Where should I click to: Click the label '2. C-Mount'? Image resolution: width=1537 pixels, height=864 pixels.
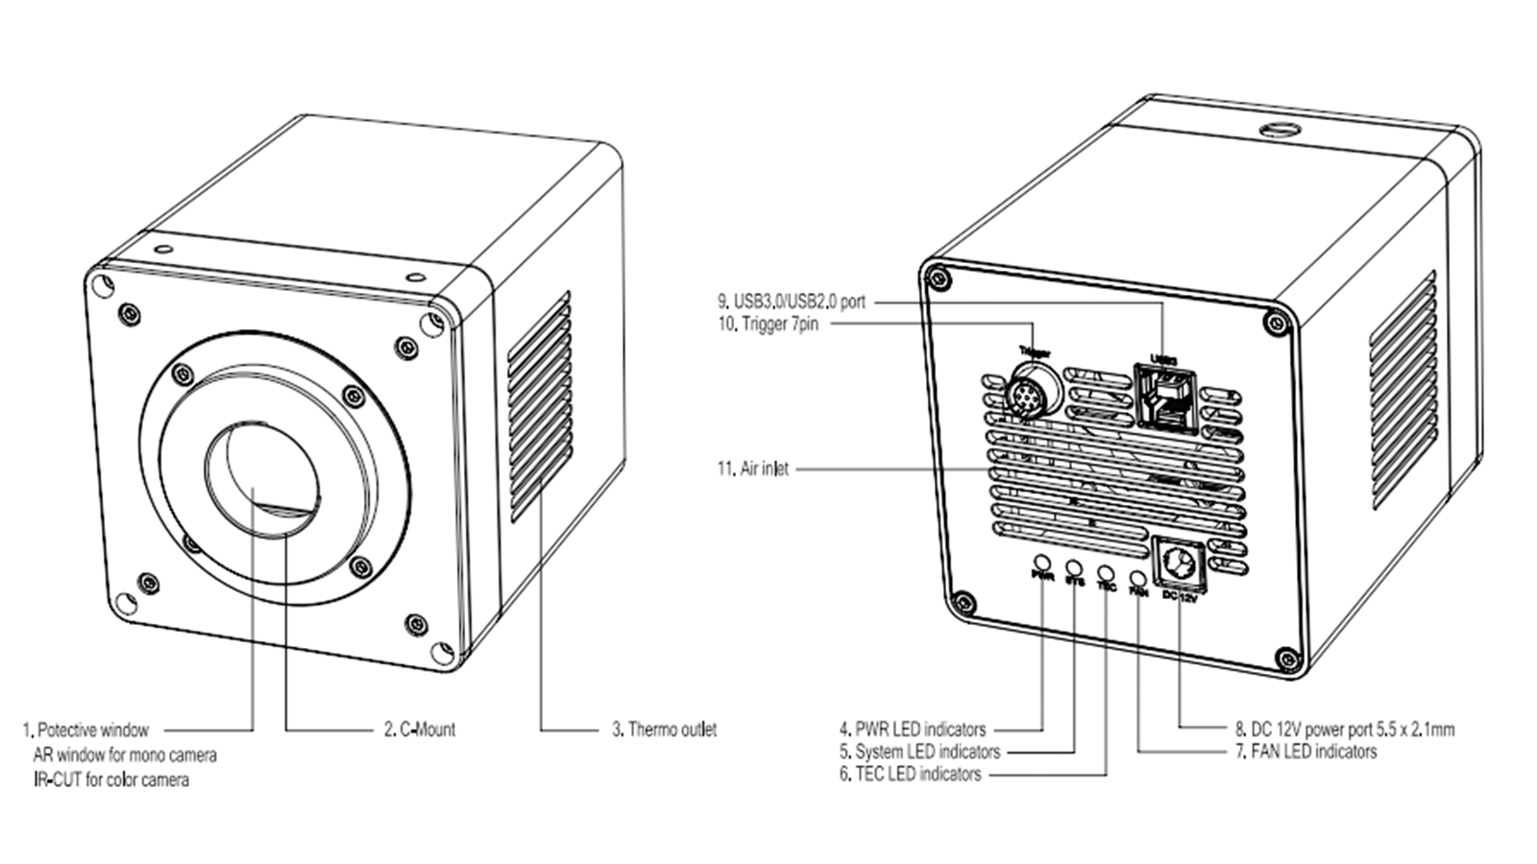tap(420, 730)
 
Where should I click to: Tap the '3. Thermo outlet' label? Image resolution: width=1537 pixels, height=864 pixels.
tap(665, 730)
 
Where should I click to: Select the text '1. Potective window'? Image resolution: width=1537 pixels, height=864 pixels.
tap(85, 731)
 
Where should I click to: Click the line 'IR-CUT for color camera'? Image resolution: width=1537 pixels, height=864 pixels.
tap(110, 780)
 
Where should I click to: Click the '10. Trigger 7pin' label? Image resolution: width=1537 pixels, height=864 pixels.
tap(768, 324)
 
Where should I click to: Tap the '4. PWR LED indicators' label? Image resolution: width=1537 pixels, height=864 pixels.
tap(912, 730)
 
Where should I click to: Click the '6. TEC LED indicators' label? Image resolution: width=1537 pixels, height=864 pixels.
tap(910, 774)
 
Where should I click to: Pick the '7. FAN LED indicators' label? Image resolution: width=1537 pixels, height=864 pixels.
tap(1305, 752)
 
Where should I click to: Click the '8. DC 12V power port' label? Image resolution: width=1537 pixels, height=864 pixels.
tap(1345, 730)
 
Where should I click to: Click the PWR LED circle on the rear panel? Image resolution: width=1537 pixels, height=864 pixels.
tap(1041, 562)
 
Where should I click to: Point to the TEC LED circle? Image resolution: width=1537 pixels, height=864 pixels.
tap(1106, 572)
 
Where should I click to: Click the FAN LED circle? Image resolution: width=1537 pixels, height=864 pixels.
tap(1138, 578)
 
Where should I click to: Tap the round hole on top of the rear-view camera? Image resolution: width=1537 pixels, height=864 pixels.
tap(1275, 128)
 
